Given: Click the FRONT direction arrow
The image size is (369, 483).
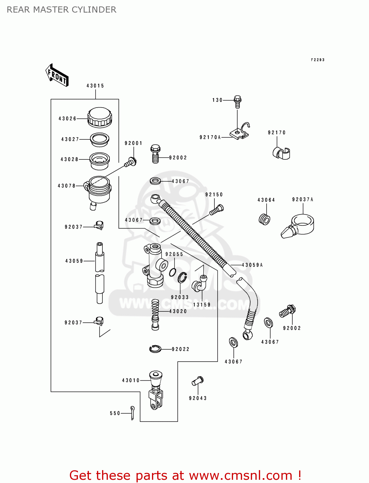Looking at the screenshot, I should click(x=57, y=75).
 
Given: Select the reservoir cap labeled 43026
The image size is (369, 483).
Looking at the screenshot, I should click(x=100, y=117).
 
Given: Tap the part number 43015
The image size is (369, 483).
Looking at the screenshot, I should click(x=95, y=86).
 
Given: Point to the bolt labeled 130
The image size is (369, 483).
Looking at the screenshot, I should click(x=238, y=101).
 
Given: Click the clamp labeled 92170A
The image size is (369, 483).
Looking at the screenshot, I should click(x=240, y=131).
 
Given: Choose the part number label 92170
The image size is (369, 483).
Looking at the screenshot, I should click(x=277, y=133).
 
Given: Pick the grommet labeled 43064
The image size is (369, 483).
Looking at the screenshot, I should click(x=264, y=219).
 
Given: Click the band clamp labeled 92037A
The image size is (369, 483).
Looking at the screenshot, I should click(x=298, y=226).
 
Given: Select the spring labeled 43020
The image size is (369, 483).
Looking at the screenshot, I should click(x=155, y=314).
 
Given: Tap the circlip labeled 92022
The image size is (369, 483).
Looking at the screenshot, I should click(x=155, y=349).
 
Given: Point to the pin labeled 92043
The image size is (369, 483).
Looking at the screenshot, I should click(x=198, y=381).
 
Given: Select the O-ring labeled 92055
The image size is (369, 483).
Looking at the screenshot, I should click(x=173, y=272).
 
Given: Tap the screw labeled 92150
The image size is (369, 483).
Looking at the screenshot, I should click(x=217, y=210).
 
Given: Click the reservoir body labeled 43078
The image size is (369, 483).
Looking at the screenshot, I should click(x=98, y=190).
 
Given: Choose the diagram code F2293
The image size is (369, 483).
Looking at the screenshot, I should click(x=317, y=60).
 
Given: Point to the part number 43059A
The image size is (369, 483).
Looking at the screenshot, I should click(x=252, y=265).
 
